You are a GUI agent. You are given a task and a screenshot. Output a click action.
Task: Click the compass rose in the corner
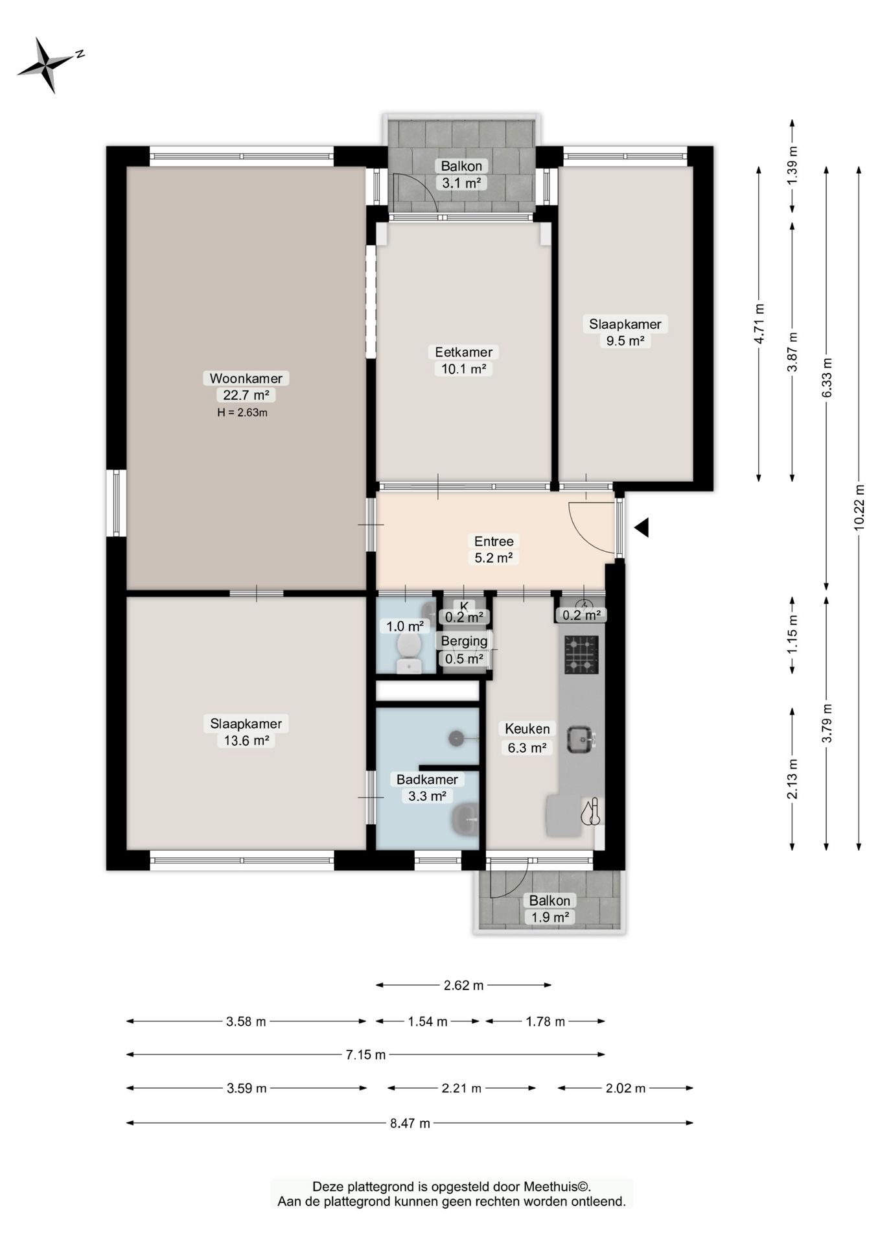pyautogui.click(x=47, y=65)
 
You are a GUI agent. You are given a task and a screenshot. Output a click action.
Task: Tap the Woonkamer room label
pyautogui.click(x=246, y=378)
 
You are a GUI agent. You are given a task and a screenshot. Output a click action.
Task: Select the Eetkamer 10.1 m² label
pyautogui.click(x=463, y=361)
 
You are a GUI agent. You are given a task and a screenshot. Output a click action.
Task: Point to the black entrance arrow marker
pyautogui.click(x=642, y=528)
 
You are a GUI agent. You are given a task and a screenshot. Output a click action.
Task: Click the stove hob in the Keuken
pyautogui.click(x=581, y=655)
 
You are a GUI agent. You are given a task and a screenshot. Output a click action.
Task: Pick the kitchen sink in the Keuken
pyautogui.click(x=581, y=739)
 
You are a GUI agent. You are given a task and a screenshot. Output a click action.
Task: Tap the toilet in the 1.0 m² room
pyautogui.click(x=408, y=652)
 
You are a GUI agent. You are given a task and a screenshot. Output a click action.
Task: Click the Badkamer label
pyautogui.click(x=427, y=779)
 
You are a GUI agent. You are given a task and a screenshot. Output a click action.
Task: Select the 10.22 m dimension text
pyautogui.click(x=859, y=508)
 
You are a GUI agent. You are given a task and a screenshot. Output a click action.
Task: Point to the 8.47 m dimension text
pyautogui.click(x=410, y=1123)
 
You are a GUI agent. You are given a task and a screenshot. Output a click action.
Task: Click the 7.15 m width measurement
pyautogui.click(x=365, y=1054)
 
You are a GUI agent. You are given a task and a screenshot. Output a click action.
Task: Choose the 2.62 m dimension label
pyautogui.click(x=463, y=986)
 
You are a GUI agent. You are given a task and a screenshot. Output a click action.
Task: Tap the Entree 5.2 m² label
pyautogui.click(x=494, y=549)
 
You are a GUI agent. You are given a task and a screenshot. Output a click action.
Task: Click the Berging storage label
pyautogui.click(x=464, y=641)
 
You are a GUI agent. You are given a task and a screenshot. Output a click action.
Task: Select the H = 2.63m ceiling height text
pyautogui.click(x=242, y=412)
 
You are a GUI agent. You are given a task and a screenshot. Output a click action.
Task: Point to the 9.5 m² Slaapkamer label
pyautogui.click(x=625, y=332)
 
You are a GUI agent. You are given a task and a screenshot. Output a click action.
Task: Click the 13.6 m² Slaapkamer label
pyautogui.click(x=246, y=731)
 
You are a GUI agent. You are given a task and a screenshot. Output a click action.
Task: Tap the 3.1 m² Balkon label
pyautogui.click(x=461, y=174)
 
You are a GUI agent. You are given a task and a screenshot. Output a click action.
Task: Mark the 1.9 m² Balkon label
pyautogui.click(x=550, y=908)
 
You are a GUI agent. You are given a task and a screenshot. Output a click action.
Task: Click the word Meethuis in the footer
pyautogui.click(x=551, y=1187)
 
